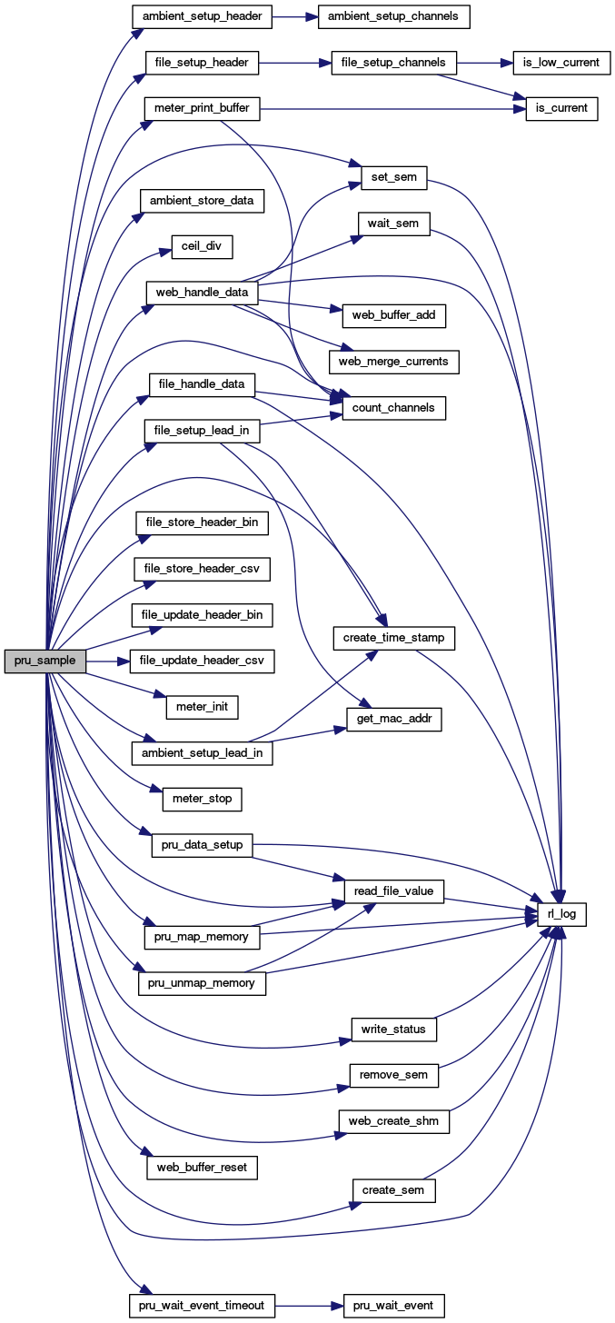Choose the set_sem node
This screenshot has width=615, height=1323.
(394, 176)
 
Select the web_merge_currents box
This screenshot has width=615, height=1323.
(393, 361)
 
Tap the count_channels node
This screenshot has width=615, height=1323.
(394, 408)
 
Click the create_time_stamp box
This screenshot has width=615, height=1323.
(393, 638)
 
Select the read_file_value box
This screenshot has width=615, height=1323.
(393, 892)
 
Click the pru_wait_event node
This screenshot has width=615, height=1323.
(393, 1306)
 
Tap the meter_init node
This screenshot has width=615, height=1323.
(202, 706)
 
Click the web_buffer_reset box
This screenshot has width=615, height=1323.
(202, 1167)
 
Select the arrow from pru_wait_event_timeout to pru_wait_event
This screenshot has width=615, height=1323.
(308, 1306)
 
